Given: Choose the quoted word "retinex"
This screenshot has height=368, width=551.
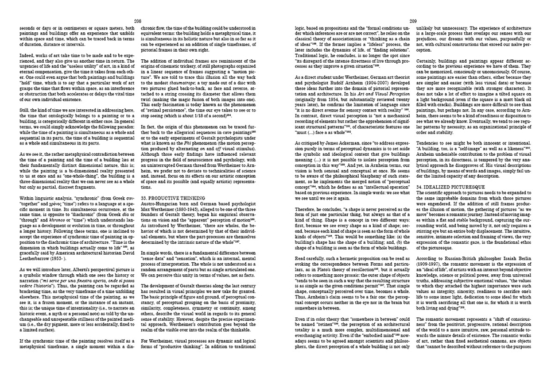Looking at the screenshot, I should (x=328, y=326).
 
